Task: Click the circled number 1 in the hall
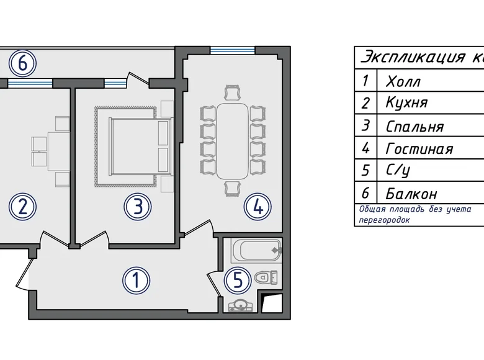click(136, 281)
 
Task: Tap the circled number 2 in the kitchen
click(22, 207)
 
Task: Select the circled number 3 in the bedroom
click(138, 207)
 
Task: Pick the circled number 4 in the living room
click(258, 207)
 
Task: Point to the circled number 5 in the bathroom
click(238, 281)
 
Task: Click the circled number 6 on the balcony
click(22, 63)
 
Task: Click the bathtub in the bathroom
click(256, 250)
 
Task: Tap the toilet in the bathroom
click(266, 277)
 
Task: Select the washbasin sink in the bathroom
click(241, 305)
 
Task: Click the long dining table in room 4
click(233, 141)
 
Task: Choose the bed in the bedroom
click(140, 146)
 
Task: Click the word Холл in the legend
click(403, 82)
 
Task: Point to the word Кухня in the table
click(407, 102)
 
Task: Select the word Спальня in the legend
click(415, 127)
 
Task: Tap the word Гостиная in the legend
click(419, 149)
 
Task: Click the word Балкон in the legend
click(411, 194)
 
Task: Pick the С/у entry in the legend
click(398, 171)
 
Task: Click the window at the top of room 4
click(233, 50)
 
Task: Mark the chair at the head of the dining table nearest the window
click(233, 92)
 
